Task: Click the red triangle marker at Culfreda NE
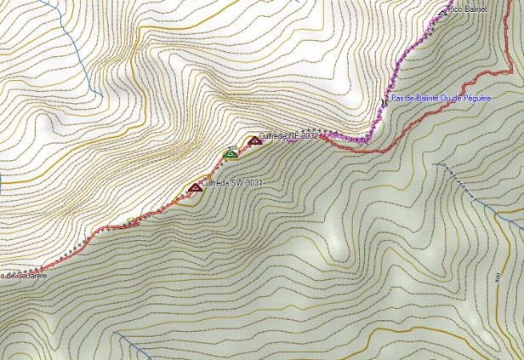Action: (254, 140)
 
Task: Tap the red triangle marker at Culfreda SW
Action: (195, 187)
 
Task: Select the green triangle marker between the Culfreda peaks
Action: (230, 154)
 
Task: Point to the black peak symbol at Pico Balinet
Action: (442, 11)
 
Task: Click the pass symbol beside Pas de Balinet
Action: (384, 100)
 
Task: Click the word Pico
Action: (456, 9)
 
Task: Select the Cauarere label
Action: (26, 275)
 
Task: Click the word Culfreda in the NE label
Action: (273, 135)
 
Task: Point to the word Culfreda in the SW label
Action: (215, 182)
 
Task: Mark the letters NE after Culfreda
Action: (293, 135)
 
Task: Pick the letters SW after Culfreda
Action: (236, 182)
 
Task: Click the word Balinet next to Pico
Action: (477, 9)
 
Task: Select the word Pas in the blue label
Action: (396, 99)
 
